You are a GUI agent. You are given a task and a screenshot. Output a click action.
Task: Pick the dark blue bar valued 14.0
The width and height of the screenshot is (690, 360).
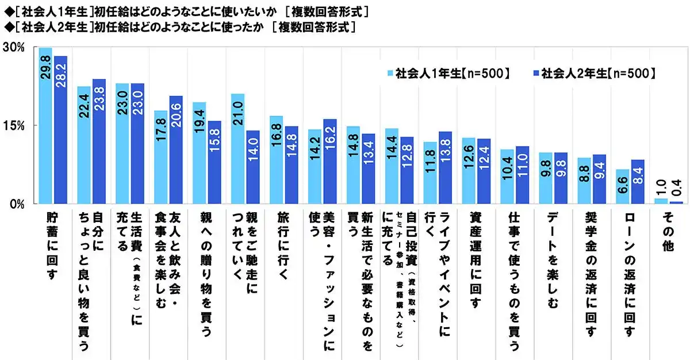(253, 167)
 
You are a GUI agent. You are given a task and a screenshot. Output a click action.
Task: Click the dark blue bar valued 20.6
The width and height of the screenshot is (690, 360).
(176, 150)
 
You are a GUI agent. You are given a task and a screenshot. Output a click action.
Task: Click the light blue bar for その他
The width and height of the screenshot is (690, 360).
(661, 201)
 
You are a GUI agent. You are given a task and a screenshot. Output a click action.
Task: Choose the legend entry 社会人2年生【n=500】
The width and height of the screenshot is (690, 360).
(595, 73)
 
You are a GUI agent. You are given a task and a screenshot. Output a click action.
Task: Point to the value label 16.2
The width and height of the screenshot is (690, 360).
(330, 140)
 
